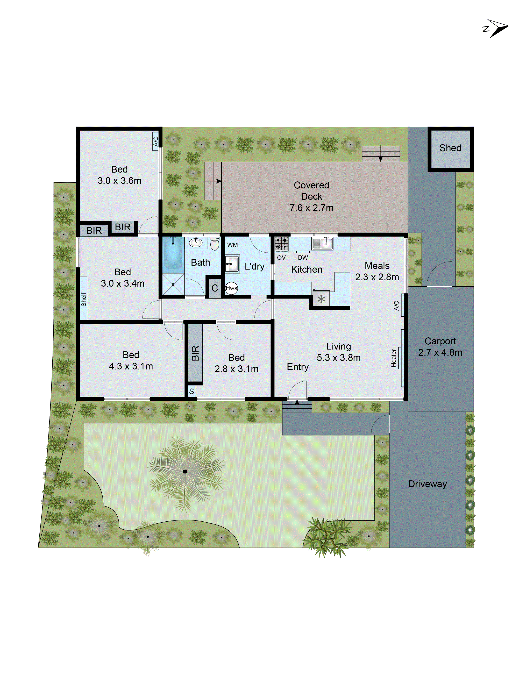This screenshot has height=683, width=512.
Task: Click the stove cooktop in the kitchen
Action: (x=281, y=243)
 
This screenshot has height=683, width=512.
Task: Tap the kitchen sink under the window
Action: (x=322, y=243)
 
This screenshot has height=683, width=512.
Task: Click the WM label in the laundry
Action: (x=232, y=245)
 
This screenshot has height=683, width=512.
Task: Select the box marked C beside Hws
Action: (x=215, y=288)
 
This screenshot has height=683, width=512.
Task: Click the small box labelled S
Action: (x=191, y=391)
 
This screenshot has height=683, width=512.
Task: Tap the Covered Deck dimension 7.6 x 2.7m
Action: (x=311, y=208)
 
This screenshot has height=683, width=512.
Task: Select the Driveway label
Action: (x=427, y=484)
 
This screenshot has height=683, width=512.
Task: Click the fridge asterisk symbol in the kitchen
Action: (x=321, y=299)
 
